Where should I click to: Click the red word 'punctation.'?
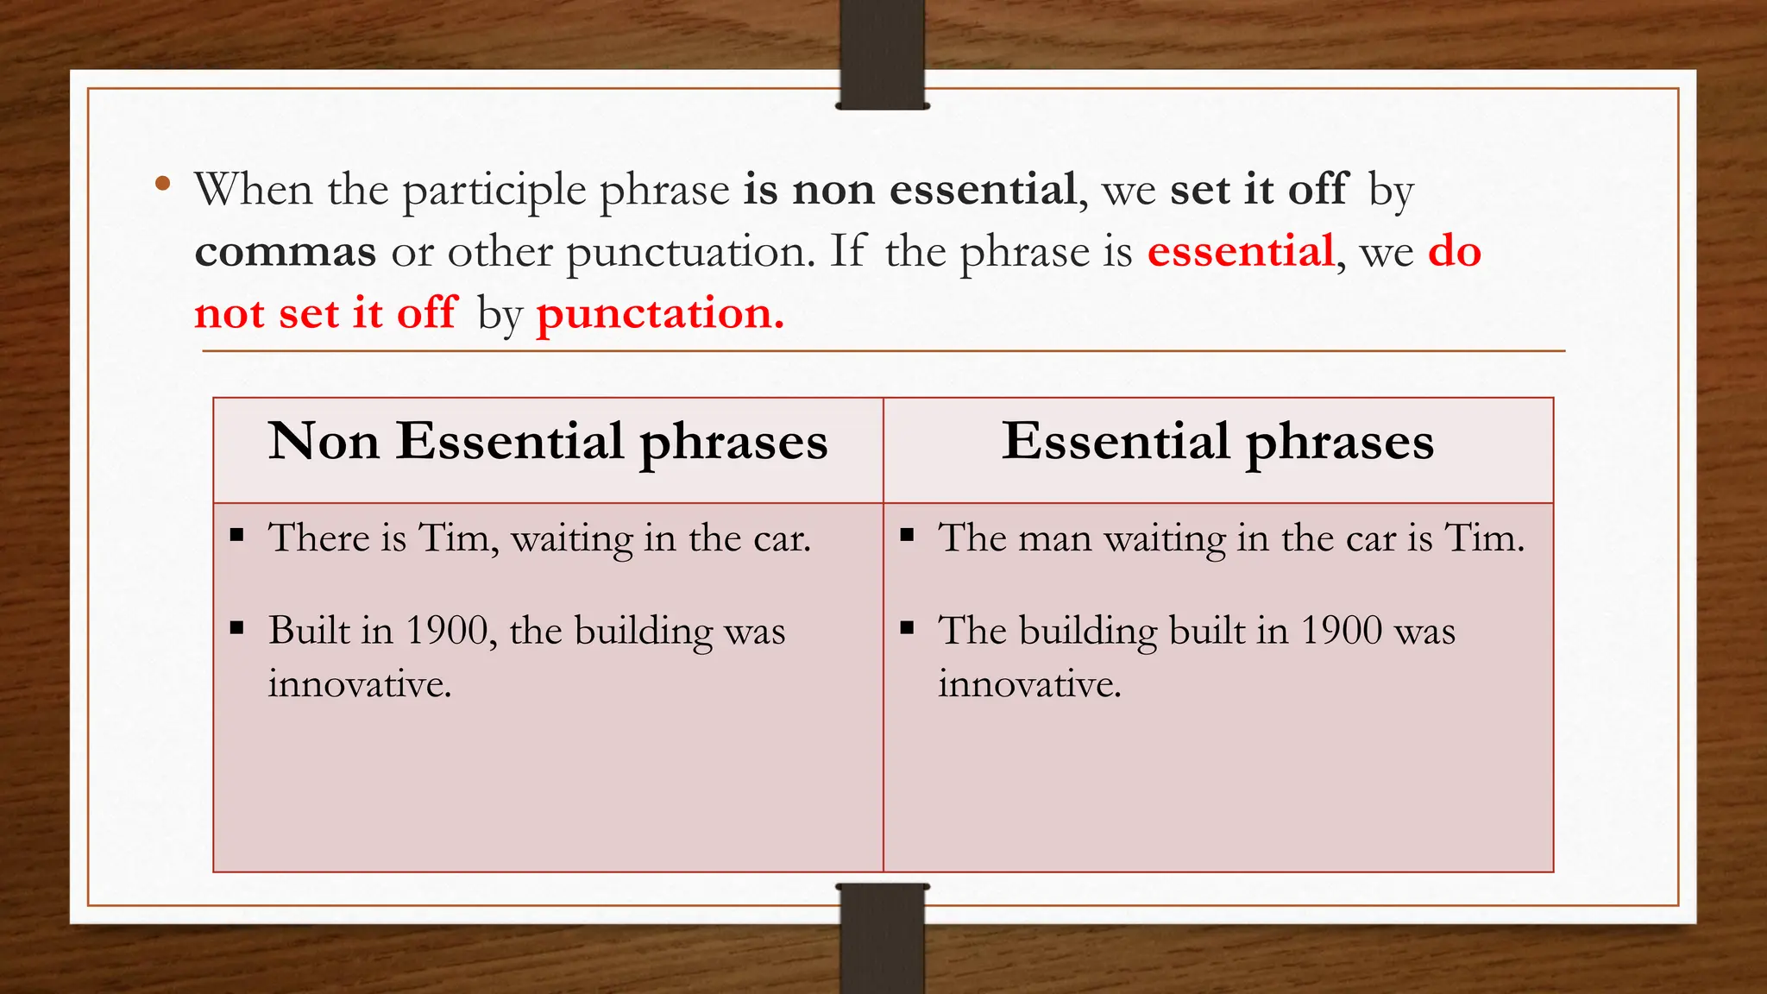(660, 314)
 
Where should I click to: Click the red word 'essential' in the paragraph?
(1241, 252)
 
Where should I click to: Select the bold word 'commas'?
(286, 252)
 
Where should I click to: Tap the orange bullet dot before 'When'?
(162, 183)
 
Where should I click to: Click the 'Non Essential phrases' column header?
(548, 442)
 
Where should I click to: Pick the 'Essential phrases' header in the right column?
(1217, 442)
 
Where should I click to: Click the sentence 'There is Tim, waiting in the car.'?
(539, 538)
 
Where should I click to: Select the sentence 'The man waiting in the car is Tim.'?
(1231, 538)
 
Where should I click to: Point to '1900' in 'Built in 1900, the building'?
(447, 631)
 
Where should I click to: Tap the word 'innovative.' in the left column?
(360, 684)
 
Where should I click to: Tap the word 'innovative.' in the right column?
(1029, 684)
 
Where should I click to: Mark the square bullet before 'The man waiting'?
(907, 535)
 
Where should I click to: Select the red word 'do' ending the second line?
(1455, 252)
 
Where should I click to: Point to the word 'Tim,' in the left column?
(458, 538)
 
